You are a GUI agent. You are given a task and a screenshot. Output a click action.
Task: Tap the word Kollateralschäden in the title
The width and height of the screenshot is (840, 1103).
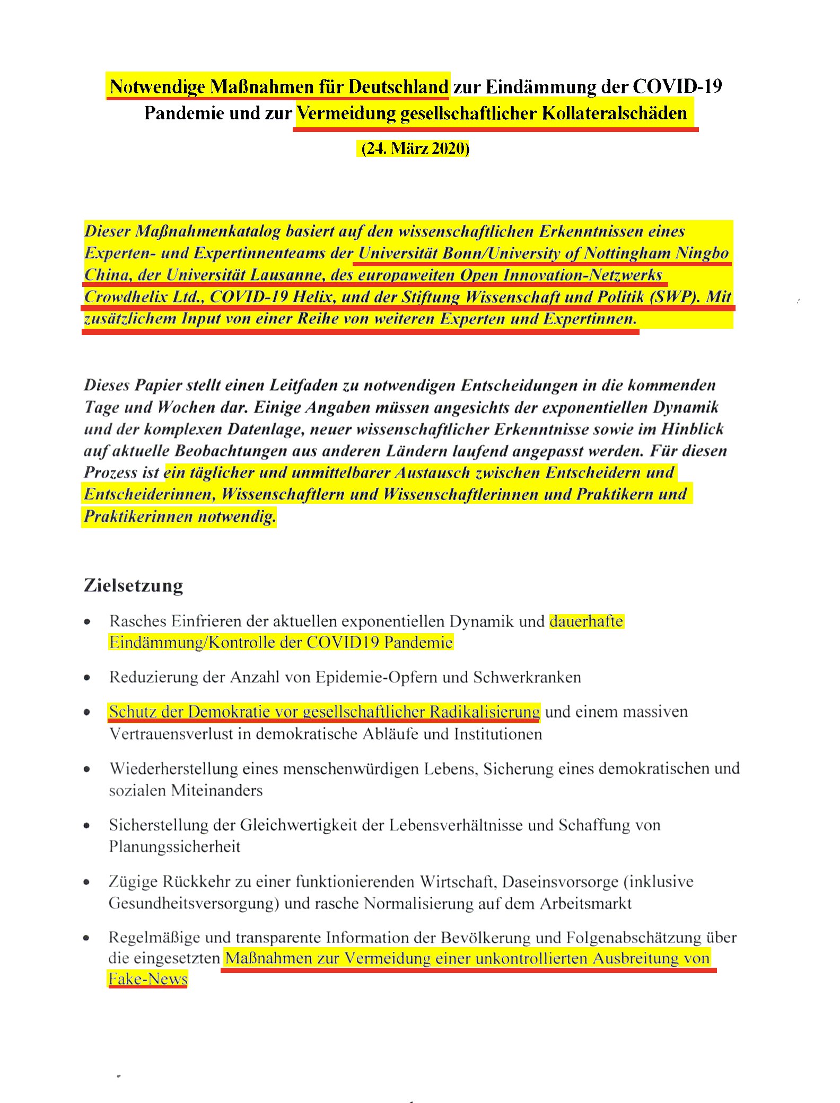[x=614, y=113]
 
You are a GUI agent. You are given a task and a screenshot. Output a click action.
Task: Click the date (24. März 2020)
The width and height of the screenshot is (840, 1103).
[x=415, y=148]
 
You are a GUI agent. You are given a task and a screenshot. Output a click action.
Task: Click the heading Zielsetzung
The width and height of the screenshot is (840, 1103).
[x=133, y=585]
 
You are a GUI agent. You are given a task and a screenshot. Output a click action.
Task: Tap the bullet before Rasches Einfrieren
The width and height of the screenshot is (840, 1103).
[x=87, y=621]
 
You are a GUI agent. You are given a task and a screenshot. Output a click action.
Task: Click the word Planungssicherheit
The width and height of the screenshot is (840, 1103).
[x=174, y=846]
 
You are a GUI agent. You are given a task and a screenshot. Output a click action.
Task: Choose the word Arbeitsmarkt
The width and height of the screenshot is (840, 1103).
[x=585, y=903]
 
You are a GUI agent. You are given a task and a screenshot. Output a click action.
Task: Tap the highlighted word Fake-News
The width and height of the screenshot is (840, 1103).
[x=148, y=979]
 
